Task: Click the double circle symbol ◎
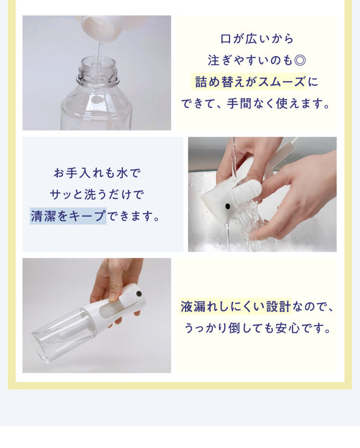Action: [x=300, y=60]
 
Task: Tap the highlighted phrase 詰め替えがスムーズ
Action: [x=248, y=82]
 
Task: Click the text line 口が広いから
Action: [x=257, y=39]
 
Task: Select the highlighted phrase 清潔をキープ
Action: [x=68, y=216]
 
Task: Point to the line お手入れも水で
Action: [x=97, y=173]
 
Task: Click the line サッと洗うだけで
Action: [x=97, y=194]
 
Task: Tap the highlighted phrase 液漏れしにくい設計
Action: [x=236, y=307]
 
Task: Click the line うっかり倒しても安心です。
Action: [x=257, y=328]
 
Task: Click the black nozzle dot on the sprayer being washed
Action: [x=228, y=206]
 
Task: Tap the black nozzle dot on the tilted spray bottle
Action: [x=139, y=293]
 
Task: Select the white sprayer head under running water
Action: [x=231, y=195]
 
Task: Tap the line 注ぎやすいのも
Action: [x=250, y=60]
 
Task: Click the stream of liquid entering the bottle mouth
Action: [x=99, y=55]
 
